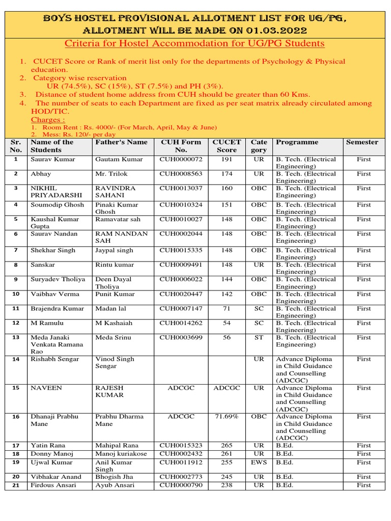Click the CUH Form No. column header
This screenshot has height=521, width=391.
pos(181,146)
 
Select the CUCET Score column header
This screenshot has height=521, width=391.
pos(227,146)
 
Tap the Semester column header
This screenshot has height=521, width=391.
pos(362,142)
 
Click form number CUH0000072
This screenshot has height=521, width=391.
pos(181,159)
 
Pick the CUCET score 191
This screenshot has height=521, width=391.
pos(227,159)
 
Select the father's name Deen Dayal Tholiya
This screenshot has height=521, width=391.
pos(114,283)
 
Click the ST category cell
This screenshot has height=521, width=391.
pos(259,337)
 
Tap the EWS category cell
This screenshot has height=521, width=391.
pos(259,462)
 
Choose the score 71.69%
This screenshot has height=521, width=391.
pos(227,417)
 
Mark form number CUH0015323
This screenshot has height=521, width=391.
pos(181,446)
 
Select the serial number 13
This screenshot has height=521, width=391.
pos(16,338)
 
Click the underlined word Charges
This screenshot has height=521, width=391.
pos(48,120)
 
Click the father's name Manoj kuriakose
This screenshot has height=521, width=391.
pos(121,454)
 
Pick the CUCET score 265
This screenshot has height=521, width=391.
pos(227,446)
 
